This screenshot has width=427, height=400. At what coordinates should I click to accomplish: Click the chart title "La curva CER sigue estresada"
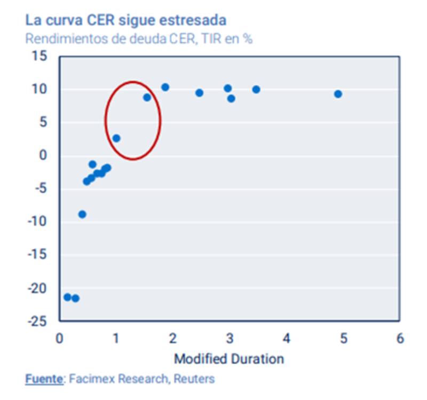click(x=126, y=21)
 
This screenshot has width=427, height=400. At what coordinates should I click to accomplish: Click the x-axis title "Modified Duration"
click(x=229, y=358)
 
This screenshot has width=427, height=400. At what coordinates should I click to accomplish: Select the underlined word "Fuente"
click(x=43, y=379)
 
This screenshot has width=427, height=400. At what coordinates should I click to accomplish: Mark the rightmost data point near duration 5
click(x=338, y=94)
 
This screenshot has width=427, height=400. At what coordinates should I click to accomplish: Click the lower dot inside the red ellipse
click(x=116, y=138)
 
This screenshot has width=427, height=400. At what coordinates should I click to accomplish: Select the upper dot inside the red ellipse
click(x=147, y=97)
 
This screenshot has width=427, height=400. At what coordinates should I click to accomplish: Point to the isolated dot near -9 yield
click(x=82, y=214)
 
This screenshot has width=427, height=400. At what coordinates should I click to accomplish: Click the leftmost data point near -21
click(x=67, y=297)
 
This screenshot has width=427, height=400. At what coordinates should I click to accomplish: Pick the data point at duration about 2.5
click(x=200, y=93)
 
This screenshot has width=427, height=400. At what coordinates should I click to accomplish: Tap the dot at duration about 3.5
click(x=256, y=89)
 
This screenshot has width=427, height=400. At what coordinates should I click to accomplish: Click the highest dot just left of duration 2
click(x=165, y=87)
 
